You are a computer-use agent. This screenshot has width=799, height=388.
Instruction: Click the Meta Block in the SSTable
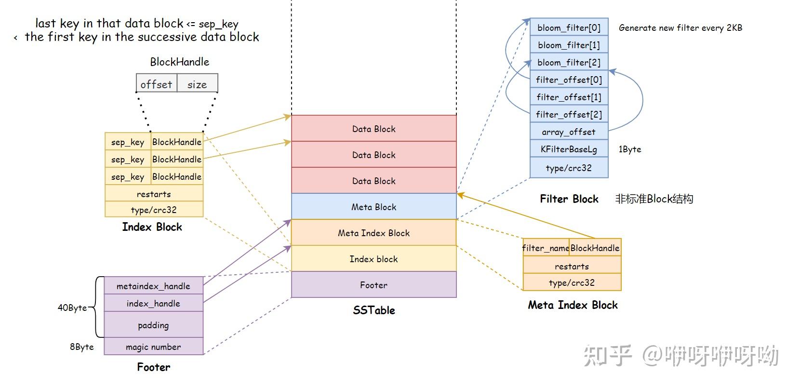[x=373, y=207]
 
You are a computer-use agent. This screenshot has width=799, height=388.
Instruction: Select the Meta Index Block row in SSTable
[x=373, y=233]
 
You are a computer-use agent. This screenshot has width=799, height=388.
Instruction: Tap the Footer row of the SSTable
[x=373, y=285]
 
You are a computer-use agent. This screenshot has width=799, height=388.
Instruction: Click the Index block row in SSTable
[x=373, y=259]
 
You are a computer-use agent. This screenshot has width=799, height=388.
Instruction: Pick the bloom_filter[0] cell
[x=569, y=27]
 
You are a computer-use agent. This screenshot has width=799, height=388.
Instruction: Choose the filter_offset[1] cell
[x=569, y=97]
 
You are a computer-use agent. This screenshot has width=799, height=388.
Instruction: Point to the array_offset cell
[x=569, y=132]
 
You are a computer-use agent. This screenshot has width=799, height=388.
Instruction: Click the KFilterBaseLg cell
[x=569, y=149]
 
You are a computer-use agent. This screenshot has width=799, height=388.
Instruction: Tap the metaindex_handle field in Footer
[x=153, y=286]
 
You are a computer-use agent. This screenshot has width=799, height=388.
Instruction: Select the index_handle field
[x=153, y=303]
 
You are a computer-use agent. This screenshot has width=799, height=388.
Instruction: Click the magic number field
[x=153, y=347]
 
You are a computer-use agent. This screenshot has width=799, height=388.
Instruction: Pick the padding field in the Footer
[x=153, y=325]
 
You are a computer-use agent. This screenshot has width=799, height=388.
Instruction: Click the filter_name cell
[x=546, y=248]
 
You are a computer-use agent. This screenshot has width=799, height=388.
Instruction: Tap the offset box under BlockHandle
[x=156, y=84]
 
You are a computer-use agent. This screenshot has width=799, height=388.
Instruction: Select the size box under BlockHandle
[x=197, y=84]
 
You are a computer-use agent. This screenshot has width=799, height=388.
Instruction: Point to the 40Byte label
[x=72, y=308]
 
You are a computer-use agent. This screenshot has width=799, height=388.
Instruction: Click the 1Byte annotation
[x=629, y=149]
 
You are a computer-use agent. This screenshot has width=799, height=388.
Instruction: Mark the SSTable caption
[x=373, y=310]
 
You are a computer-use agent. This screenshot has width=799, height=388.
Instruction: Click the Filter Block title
[x=569, y=199]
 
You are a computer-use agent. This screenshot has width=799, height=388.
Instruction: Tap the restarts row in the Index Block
[x=154, y=194]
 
